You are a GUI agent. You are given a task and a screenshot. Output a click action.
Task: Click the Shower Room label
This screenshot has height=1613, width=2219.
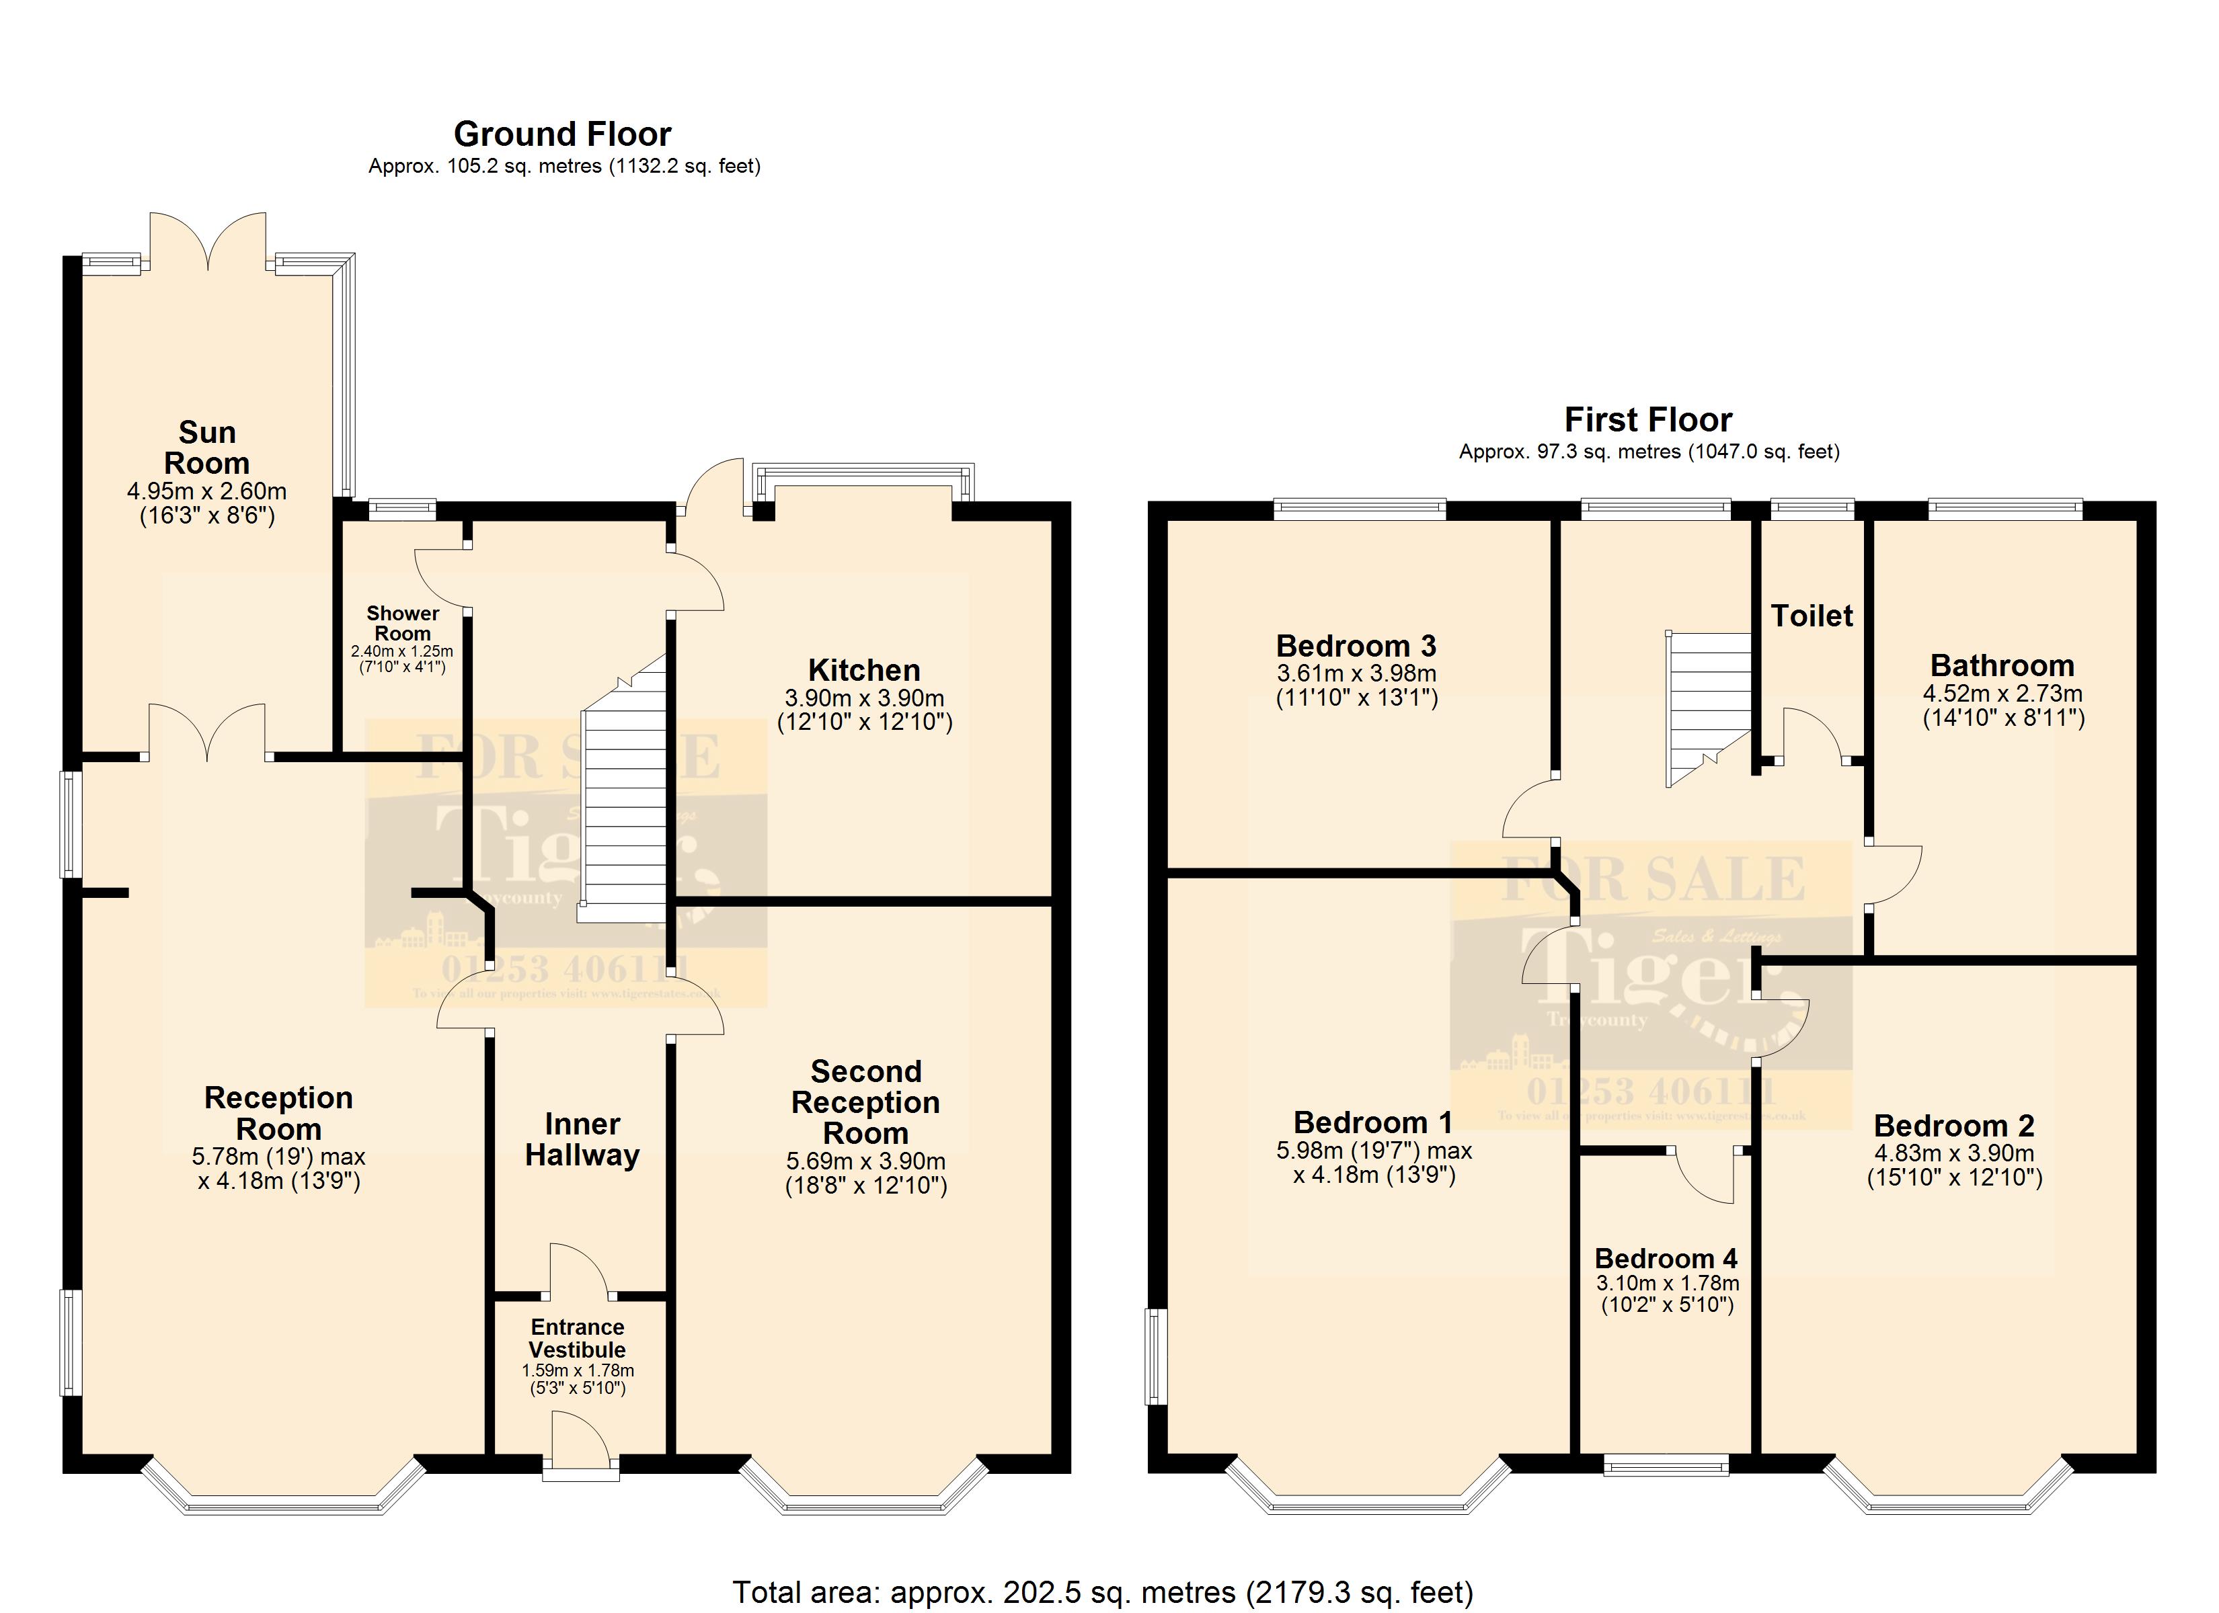(x=402, y=623)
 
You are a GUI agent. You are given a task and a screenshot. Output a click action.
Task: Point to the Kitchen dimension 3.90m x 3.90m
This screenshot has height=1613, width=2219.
(x=864, y=698)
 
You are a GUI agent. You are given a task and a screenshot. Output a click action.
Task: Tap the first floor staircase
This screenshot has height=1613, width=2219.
(x=1708, y=704)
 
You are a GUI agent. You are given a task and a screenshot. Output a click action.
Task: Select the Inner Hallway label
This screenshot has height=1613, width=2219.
(x=582, y=1140)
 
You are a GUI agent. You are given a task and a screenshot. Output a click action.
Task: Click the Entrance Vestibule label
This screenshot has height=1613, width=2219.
(x=577, y=1338)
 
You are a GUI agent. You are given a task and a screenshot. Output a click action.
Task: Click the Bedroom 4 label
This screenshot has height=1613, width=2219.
(x=1666, y=1258)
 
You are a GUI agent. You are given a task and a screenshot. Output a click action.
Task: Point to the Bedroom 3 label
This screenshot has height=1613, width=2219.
(x=1356, y=646)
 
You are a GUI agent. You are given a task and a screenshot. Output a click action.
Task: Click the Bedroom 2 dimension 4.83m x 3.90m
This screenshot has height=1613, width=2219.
(x=1954, y=1153)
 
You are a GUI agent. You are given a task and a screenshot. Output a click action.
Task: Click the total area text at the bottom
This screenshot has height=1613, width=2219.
(x=1103, y=1592)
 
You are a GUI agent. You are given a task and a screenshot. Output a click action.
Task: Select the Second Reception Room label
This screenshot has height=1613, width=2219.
(x=866, y=1102)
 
